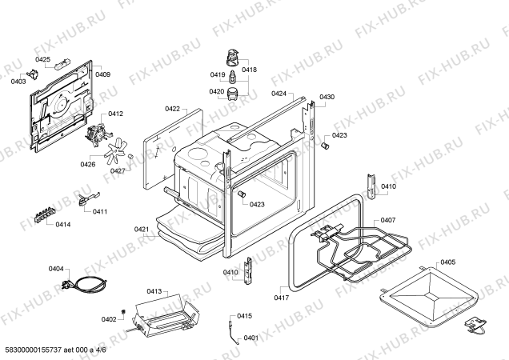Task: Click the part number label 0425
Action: click(42, 59)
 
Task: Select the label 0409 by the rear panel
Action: click(102, 74)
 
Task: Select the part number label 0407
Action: click(387, 220)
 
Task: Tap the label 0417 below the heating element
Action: click(281, 298)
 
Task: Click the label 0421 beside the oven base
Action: click(142, 230)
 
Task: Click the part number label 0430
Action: click(327, 98)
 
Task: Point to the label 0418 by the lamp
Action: click(249, 70)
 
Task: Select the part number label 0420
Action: click(217, 92)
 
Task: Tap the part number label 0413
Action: click(154, 292)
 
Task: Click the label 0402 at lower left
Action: click(109, 319)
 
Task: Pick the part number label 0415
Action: click(244, 316)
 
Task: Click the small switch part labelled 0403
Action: click(34, 74)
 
